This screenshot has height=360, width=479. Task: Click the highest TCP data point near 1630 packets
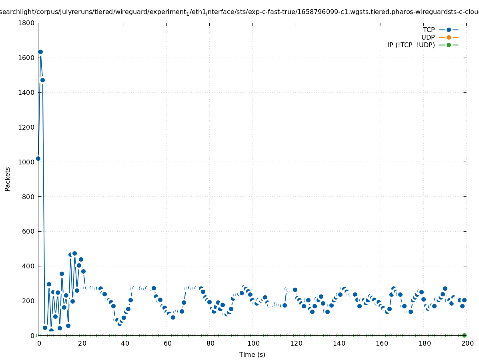coord(40,52)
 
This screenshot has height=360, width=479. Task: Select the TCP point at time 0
coord(38,158)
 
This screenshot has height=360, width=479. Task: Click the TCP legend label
coord(429,30)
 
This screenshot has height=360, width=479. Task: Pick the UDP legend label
coord(428,37)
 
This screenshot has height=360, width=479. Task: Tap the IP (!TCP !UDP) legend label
coord(411,45)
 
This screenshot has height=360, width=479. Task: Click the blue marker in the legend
coord(449,30)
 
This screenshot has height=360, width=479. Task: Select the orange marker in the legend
coord(449,37)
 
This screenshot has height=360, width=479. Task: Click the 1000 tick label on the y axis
coord(26,162)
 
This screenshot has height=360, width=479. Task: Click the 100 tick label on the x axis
coord(253,343)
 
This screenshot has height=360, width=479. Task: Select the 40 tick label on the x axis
coord(125,343)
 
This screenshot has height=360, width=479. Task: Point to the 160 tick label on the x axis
coord(382,343)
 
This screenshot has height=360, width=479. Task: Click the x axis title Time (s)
coord(252,354)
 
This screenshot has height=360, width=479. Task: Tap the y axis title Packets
coord(8,179)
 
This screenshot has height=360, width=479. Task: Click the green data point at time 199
coord(464,335)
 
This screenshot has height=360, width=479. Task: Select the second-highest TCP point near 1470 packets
coord(42,80)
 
